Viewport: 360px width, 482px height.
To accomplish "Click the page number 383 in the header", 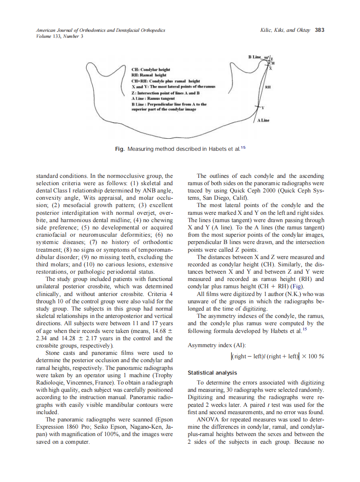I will [319, 30].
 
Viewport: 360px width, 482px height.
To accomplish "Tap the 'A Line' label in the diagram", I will [263, 120].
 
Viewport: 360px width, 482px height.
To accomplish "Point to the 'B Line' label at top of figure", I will [255, 57].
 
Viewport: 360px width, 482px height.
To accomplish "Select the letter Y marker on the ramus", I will [262, 107].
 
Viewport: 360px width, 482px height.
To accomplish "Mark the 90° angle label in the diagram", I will [266, 58].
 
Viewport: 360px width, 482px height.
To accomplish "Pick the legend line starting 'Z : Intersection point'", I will [166, 93].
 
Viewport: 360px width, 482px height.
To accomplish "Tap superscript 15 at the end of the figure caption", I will [243, 147].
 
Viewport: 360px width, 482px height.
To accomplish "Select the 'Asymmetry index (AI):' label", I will [213, 345].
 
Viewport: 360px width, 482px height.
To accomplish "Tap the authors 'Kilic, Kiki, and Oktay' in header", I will [285, 30].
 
